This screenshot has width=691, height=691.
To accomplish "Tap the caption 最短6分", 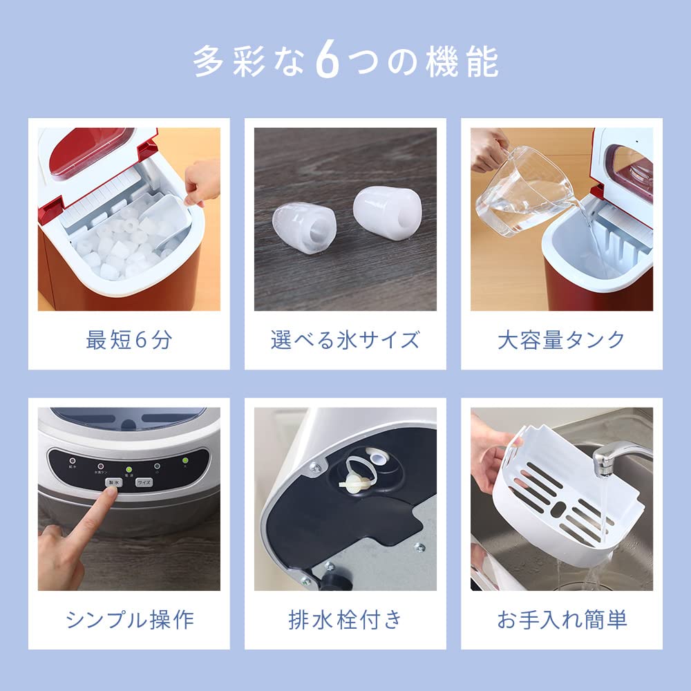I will click(129, 340).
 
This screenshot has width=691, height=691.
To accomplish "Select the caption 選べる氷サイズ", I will click(345, 340).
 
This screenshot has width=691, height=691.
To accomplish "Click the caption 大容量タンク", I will click(561, 340).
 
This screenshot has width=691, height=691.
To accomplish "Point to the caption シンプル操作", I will click(129, 619).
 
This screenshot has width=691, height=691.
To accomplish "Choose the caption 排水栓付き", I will click(345, 619).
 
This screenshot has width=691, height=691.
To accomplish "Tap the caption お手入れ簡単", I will click(561, 619).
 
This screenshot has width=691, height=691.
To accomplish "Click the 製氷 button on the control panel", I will click(112, 483).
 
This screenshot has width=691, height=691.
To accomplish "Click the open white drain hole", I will click(378, 458).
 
